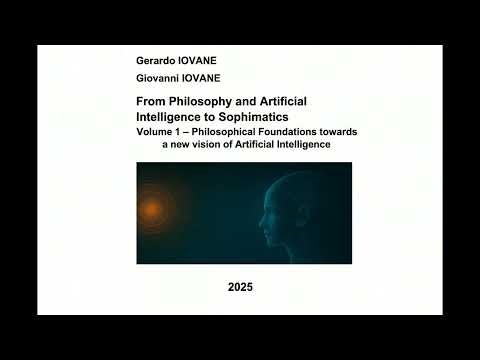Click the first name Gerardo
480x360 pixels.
coord(155,61)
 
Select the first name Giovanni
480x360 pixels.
coord(158,78)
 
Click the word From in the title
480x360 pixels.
coord(149,103)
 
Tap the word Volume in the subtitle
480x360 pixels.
coord(155,131)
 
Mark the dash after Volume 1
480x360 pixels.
coord(189,131)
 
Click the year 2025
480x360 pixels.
coord(240,287)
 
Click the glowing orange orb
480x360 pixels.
coord(151,209)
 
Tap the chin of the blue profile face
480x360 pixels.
coord(270,233)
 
